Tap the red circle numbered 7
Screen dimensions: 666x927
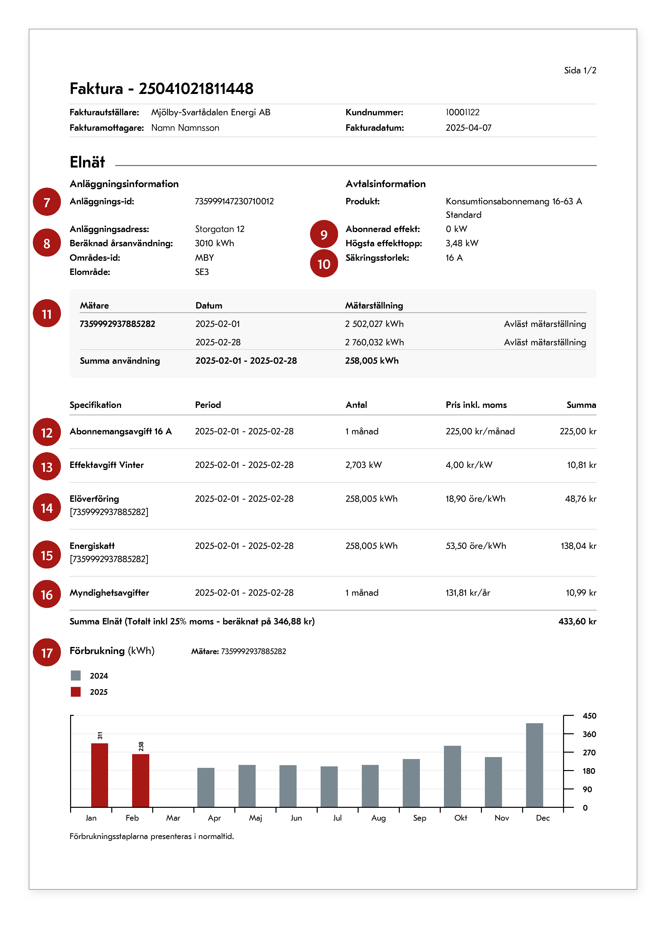pos(47,202)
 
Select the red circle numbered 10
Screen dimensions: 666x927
pos(324,264)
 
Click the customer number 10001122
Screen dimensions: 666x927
pos(463,112)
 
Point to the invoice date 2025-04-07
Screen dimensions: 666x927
pos(468,128)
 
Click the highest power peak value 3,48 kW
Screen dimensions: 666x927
pos(462,243)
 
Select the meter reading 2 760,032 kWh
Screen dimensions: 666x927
pos(374,343)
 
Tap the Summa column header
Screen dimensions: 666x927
pos(581,405)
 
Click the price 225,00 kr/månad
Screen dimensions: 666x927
pos(480,432)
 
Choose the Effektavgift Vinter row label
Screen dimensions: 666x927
pos(107,465)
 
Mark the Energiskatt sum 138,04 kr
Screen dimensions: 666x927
pos(578,546)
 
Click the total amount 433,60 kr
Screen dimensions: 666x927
pos(577,622)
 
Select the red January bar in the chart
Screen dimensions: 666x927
pos(100,775)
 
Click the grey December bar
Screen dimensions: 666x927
pos(534,765)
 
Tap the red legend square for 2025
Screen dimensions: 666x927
pos(75,692)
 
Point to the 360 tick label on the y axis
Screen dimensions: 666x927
pos(589,734)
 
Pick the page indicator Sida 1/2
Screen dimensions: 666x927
pos(580,70)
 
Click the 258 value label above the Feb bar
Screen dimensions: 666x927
pos(141,746)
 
